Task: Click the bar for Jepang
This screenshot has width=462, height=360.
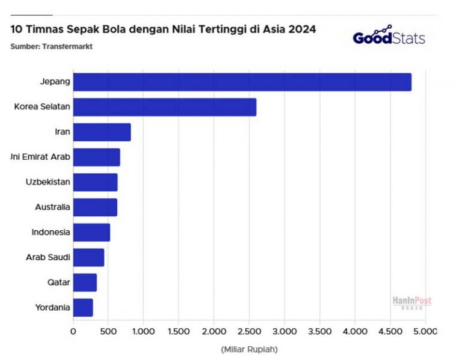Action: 242,82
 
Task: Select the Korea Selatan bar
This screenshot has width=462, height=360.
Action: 164,107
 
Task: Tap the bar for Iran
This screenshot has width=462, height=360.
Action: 102,132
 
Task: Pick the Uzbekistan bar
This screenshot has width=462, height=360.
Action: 95,182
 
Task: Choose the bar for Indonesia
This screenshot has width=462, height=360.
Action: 91,232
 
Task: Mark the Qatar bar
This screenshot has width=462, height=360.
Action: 85,282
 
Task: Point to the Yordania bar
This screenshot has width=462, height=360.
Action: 83,307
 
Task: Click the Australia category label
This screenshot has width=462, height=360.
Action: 52,207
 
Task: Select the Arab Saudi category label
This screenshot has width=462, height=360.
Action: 48,257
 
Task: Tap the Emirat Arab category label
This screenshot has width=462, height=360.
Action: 41,157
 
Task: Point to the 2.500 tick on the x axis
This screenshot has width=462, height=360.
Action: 249,331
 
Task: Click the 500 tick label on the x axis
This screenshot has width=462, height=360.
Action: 109,331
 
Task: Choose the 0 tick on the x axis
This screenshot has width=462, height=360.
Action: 73,331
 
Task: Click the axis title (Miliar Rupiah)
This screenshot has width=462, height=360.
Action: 249,349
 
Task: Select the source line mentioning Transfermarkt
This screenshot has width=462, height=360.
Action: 51,46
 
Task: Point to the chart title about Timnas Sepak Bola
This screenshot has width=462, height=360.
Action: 163,29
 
